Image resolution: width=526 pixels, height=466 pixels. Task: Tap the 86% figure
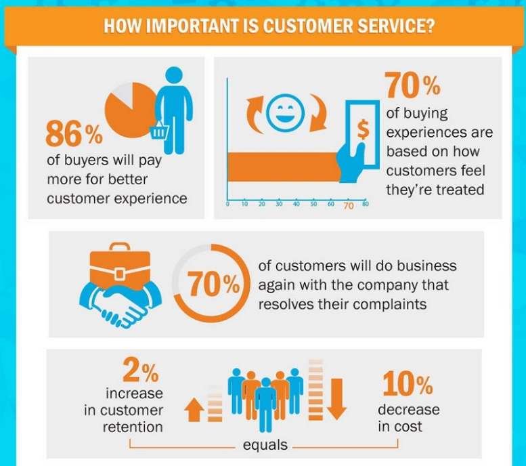(74, 134)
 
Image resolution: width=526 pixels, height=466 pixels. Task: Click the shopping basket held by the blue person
(159, 129)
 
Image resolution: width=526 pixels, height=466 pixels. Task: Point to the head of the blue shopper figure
(174, 76)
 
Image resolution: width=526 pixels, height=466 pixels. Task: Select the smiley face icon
(286, 112)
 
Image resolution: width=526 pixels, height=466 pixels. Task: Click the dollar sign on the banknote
(363, 129)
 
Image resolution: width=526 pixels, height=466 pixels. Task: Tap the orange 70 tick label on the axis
(349, 205)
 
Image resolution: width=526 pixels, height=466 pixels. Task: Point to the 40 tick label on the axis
(297, 204)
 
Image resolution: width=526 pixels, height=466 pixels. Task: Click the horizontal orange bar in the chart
(284, 167)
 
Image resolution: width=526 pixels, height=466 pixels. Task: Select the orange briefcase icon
(120, 266)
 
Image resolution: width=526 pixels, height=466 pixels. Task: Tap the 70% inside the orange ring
(213, 284)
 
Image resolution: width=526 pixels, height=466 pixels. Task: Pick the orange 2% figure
(141, 370)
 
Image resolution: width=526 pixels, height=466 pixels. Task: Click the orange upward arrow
(194, 410)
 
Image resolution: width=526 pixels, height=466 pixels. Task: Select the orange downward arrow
(336, 399)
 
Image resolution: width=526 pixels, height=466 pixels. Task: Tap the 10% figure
(408, 383)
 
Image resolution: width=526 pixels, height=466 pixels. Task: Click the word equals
(265, 445)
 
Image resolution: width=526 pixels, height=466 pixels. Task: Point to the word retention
(133, 427)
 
